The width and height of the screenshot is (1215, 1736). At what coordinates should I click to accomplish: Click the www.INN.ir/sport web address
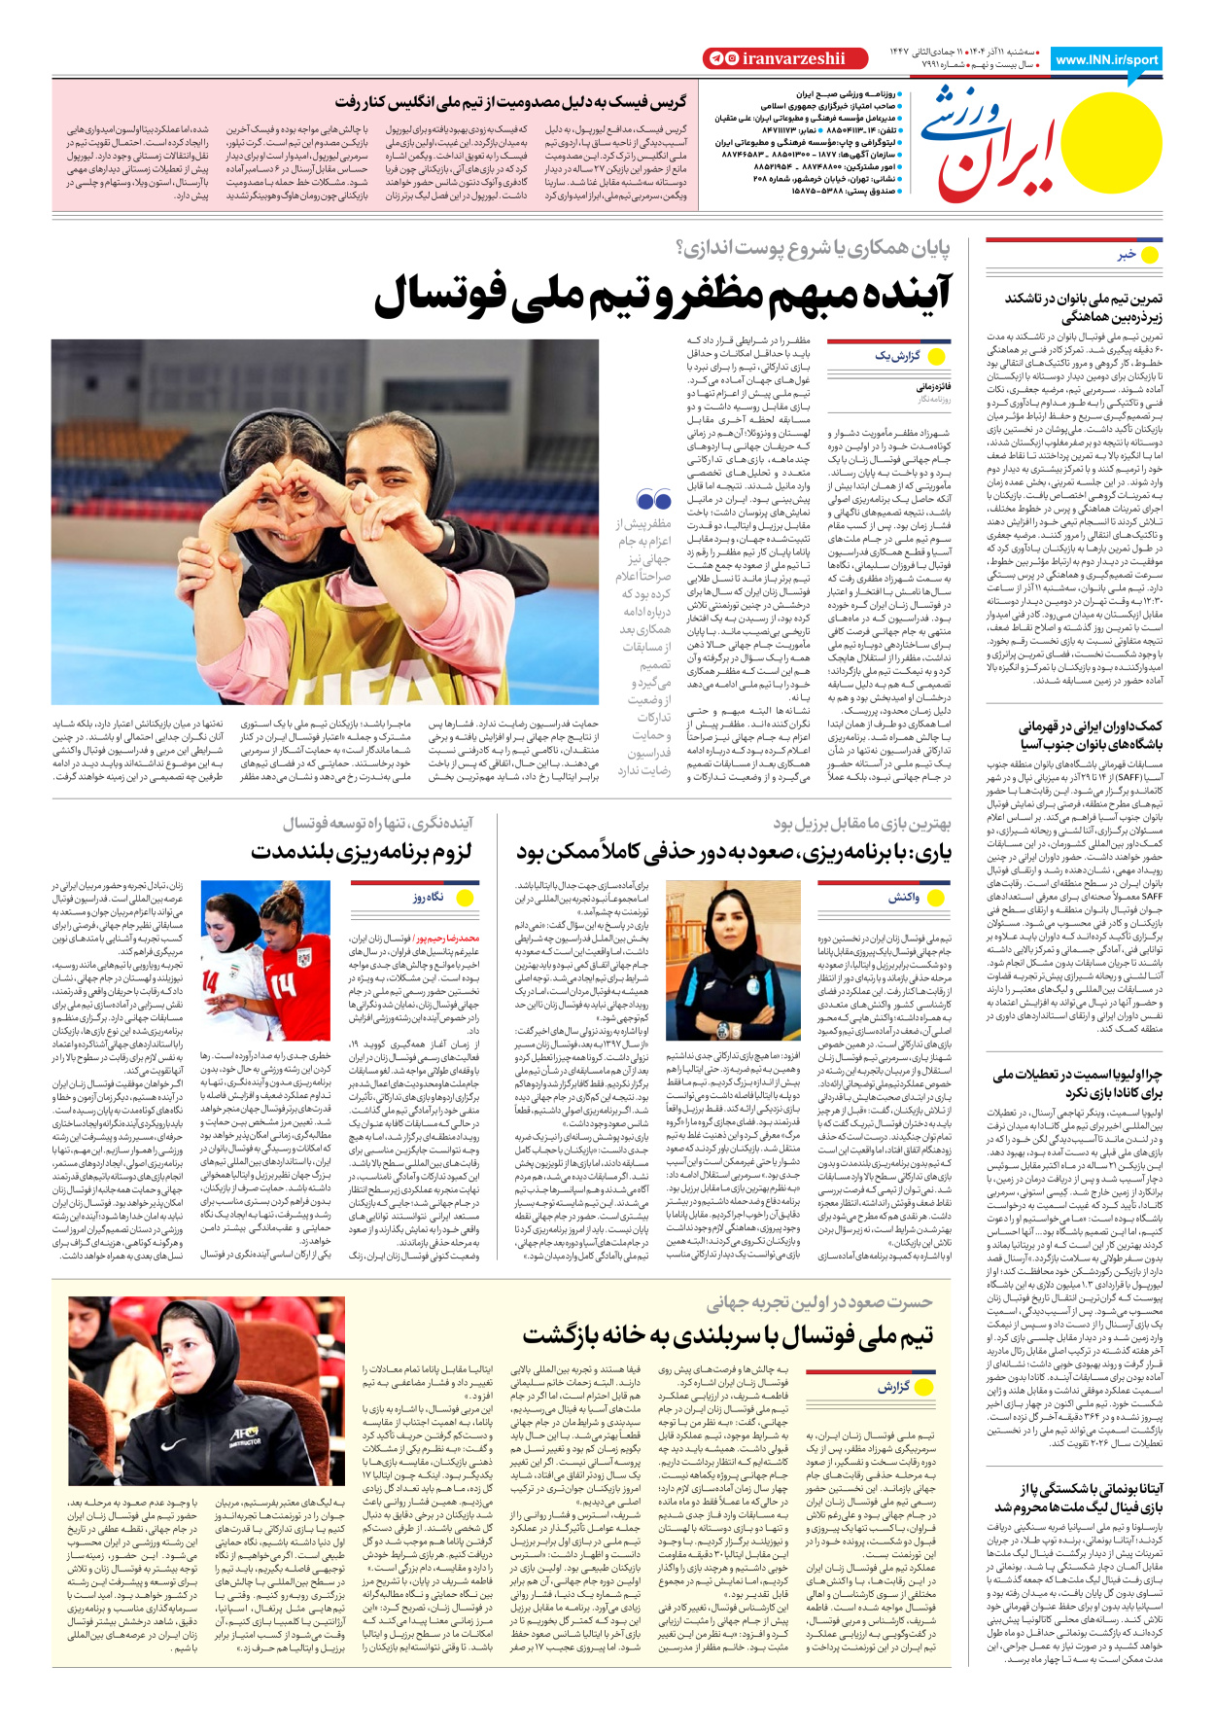pos(1106,59)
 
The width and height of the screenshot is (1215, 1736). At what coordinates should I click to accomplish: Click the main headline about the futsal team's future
pos(662,294)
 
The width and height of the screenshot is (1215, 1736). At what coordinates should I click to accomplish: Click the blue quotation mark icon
pos(653,501)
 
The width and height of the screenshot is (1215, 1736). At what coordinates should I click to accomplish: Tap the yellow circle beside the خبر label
pos(1150,255)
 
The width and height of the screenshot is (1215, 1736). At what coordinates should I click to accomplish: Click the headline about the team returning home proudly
pos(727,1334)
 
